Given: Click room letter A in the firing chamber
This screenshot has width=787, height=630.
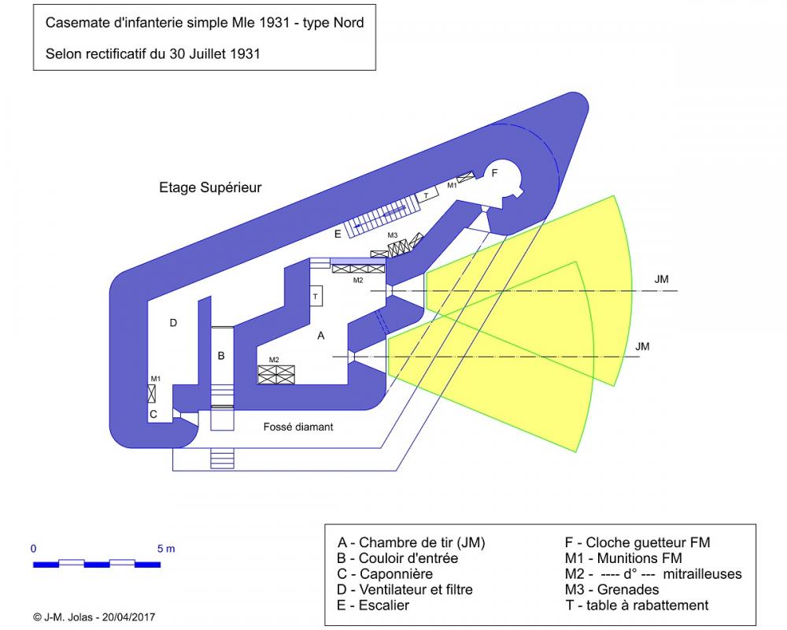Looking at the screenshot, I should coord(320,335).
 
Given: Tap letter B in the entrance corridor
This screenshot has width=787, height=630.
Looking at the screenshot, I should coord(221,356).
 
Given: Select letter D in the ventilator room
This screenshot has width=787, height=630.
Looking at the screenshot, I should coord(173,322).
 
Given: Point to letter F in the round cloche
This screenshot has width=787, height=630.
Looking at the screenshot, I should coord(494,173).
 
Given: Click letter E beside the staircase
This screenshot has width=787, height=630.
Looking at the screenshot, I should coord(338,234).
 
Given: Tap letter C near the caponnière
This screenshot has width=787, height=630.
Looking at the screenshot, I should coord(154,413).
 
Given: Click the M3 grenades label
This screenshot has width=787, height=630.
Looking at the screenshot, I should coord(393,235).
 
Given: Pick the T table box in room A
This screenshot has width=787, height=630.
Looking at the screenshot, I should coord(316,296).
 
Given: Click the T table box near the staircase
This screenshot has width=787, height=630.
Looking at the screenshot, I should coord(427,195).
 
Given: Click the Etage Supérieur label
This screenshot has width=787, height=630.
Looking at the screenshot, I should coord(210,187).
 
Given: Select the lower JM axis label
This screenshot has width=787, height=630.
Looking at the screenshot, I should coord(642,346).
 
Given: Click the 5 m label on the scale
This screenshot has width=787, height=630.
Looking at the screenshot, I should coord(165,547).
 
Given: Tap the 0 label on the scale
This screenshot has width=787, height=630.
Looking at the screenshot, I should coord(34,547).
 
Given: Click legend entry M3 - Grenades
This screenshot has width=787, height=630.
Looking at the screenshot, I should coord(611,589).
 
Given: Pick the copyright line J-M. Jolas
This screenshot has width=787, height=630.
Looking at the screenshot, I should coord(94,617).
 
